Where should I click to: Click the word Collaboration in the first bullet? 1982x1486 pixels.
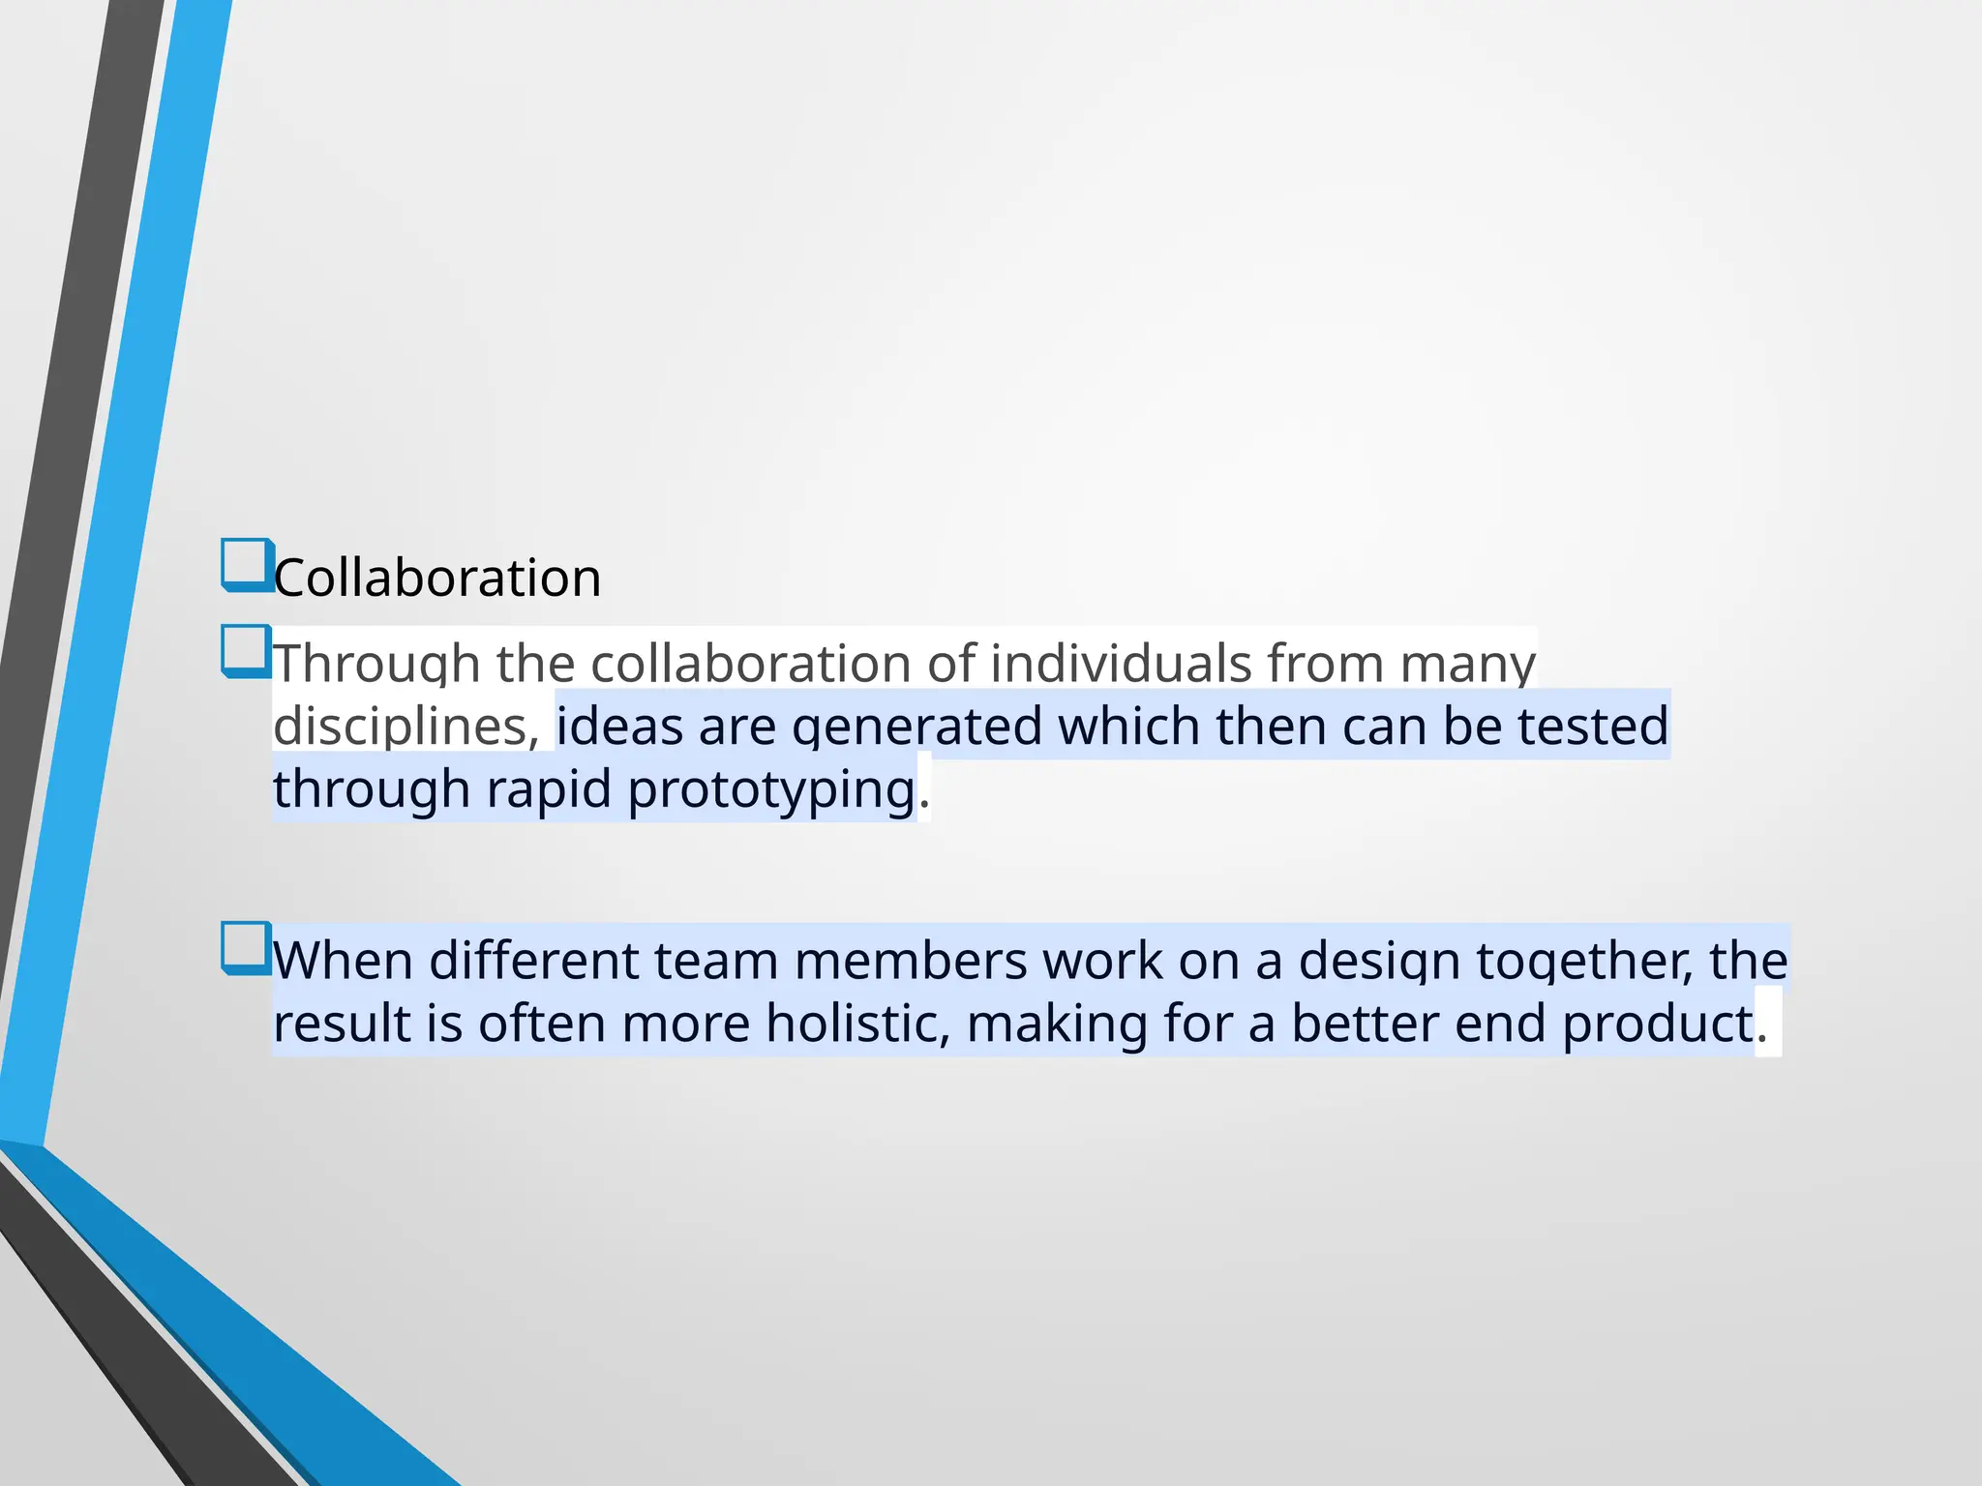coord(437,579)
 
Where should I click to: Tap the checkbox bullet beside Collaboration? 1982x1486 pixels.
coord(246,564)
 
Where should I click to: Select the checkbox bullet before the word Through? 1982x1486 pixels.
coord(246,650)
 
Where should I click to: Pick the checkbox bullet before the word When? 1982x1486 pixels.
coord(246,947)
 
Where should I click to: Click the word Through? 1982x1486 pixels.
coord(376,665)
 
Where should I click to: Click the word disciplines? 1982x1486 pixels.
coord(405,727)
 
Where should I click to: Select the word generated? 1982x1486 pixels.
coord(916,727)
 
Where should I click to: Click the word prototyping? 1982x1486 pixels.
coord(771,789)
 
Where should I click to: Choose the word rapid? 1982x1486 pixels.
coord(549,789)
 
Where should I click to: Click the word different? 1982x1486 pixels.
coord(533,962)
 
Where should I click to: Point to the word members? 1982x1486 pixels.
coord(911,962)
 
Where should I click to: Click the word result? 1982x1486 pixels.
coord(342,1024)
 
